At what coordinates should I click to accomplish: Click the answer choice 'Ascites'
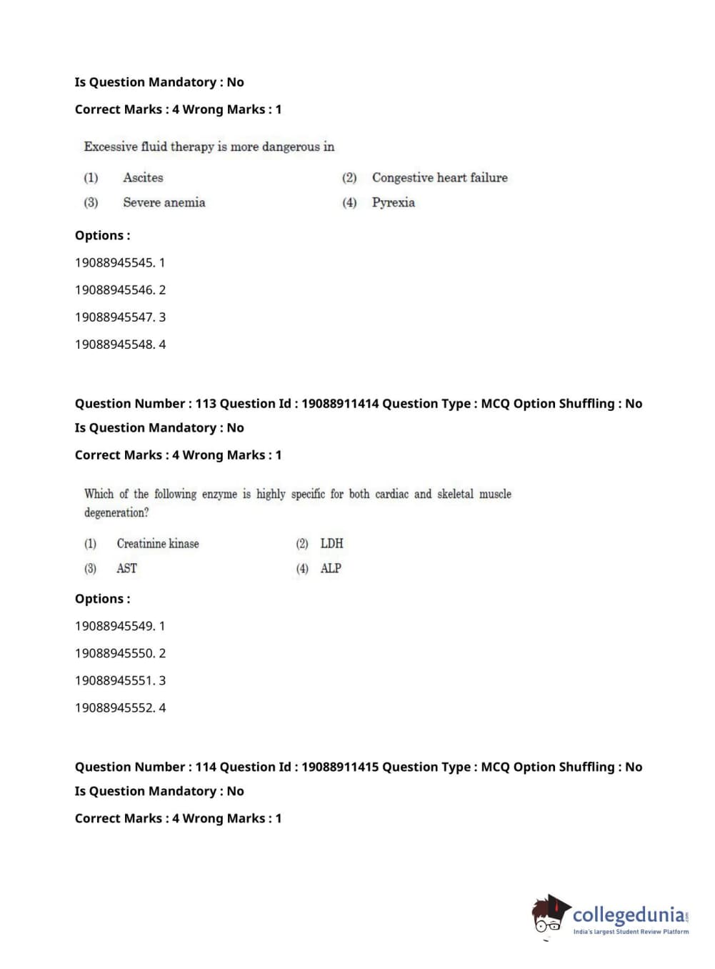tap(143, 178)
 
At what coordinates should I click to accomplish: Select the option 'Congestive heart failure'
tap(439, 178)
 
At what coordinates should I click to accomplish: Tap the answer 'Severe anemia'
tap(164, 203)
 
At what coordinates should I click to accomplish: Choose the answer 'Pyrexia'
tap(393, 203)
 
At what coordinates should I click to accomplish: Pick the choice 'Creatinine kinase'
tap(158, 544)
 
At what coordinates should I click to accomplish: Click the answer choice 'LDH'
tap(331, 544)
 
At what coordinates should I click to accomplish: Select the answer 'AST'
tap(126, 569)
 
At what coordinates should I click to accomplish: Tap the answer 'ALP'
tap(331, 569)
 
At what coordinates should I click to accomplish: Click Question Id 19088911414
tap(340, 404)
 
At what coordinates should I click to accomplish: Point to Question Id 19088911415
tap(340, 767)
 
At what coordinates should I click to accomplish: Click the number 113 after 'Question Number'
tap(206, 404)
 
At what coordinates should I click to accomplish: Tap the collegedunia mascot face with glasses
tap(548, 917)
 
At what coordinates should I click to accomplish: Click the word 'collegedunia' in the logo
tap(629, 915)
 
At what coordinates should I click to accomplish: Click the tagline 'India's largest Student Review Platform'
tap(631, 932)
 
